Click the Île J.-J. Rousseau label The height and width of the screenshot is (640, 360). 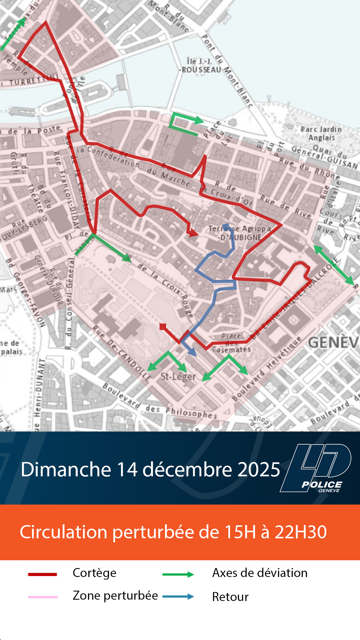click(x=200, y=66)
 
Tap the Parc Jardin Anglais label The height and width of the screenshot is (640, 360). click(x=321, y=133)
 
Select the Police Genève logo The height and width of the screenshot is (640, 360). click(x=316, y=468)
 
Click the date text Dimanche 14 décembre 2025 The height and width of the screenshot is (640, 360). click(x=150, y=469)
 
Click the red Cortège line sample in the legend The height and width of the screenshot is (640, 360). click(x=42, y=574)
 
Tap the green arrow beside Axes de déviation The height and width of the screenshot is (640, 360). click(x=178, y=574)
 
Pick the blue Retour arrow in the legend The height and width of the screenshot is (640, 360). click(x=178, y=597)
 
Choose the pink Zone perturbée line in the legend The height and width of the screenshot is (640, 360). click(x=43, y=597)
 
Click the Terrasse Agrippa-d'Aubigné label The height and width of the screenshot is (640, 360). click(x=240, y=233)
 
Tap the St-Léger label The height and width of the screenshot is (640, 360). click(x=178, y=377)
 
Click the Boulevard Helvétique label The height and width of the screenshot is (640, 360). click(x=267, y=368)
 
